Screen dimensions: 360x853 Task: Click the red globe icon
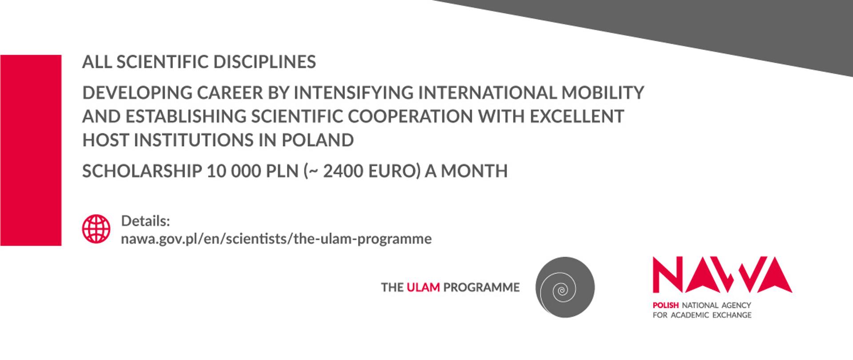pos(96,229)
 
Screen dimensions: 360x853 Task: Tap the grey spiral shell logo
pos(565,287)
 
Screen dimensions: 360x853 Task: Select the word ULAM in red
pos(423,288)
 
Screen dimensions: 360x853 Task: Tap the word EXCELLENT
pos(577,116)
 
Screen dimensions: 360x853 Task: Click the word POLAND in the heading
pos(317,140)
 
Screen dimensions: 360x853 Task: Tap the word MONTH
pos(474,171)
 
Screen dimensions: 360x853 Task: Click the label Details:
pos(145,221)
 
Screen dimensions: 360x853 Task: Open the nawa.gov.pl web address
pos(276,239)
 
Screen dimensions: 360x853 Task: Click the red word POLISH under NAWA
pos(665,305)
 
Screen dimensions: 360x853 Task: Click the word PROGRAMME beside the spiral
pos(481,288)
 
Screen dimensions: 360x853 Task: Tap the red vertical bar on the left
pos(31,150)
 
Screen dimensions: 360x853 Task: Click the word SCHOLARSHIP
pos(142,171)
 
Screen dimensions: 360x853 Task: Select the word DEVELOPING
pos(136,93)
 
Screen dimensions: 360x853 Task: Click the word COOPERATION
pos(410,116)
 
